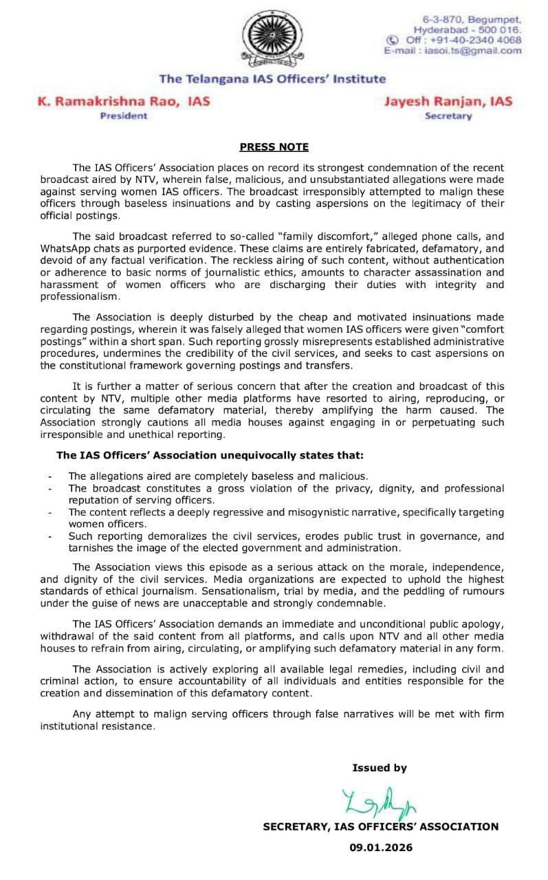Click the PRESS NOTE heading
point(274,147)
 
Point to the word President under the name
point(124,116)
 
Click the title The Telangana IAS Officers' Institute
point(272,79)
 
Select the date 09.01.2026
point(381,848)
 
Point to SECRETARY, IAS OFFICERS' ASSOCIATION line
point(381,827)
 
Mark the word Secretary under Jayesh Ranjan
point(448,116)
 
